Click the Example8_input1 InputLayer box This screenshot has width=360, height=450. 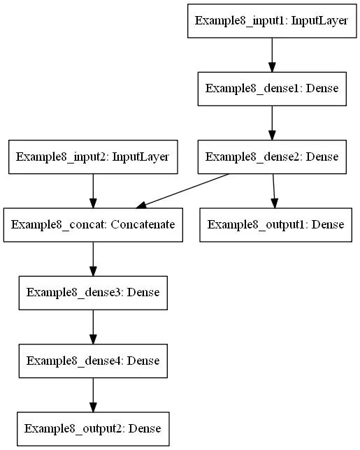click(x=272, y=20)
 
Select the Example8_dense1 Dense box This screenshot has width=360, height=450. click(x=272, y=89)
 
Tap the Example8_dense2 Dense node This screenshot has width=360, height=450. click(x=272, y=157)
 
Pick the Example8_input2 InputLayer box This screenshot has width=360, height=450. click(x=93, y=157)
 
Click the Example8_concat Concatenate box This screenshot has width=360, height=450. click(x=93, y=225)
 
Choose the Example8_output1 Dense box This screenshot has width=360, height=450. click(x=275, y=225)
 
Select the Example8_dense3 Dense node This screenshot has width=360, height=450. click(x=93, y=293)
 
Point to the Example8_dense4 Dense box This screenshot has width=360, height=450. click(x=93, y=361)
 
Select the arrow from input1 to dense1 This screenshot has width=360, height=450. click(x=272, y=55)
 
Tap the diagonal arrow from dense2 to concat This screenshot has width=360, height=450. click(x=185, y=190)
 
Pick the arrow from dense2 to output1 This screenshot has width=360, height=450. click(x=273, y=190)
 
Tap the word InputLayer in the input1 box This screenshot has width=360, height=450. click(x=321, y=20)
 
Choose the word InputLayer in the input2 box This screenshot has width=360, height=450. click(x=142, y=157)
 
